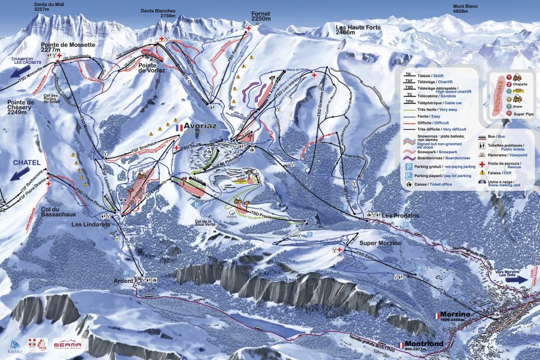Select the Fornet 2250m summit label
[260, 16]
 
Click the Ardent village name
[121, 281]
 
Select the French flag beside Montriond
[402, 344]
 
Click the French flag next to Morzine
[436, 315]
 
